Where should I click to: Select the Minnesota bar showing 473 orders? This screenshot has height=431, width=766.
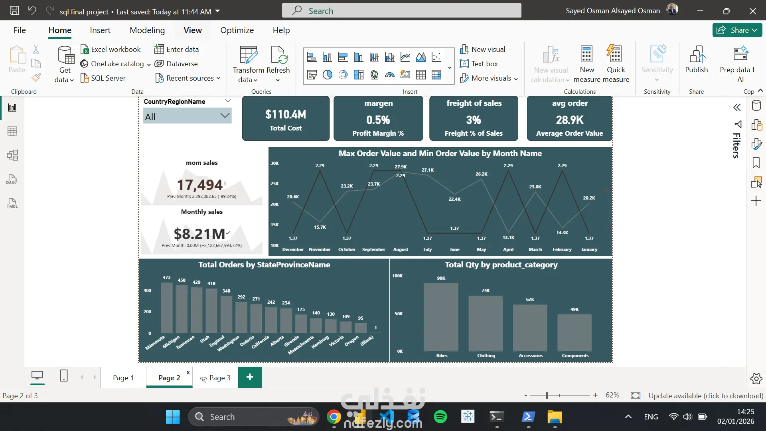click(x=166, y=307)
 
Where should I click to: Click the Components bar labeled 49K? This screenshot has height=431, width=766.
click(x=574, y=332)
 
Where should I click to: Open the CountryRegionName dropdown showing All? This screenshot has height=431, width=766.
click(x=187, y=117)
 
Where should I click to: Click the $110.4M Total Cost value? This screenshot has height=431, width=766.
click(x=286, y=115)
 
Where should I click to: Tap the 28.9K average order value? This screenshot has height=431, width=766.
click(x=569, y=120)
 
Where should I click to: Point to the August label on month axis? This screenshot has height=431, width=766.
click(x=401, y=249)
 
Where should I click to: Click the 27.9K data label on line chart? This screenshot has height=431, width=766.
click(x=401, y=167)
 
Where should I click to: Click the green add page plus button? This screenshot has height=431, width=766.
click(x=250, y=377)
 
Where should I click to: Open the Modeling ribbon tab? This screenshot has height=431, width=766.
click(x=147, y=30)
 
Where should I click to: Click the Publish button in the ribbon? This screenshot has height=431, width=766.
click(x=696, y=60)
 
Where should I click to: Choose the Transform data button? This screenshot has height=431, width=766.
click(x=248, y=64)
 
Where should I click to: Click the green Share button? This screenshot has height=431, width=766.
click(x=737, y=30)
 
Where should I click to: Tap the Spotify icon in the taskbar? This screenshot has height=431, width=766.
click(x=440, y=417)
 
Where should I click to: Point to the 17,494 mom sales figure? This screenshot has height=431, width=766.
click(x=200, y=185)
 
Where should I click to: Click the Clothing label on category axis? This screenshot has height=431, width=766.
click(x=486, y=356)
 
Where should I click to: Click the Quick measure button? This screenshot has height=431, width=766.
click(x=616, y=64)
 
